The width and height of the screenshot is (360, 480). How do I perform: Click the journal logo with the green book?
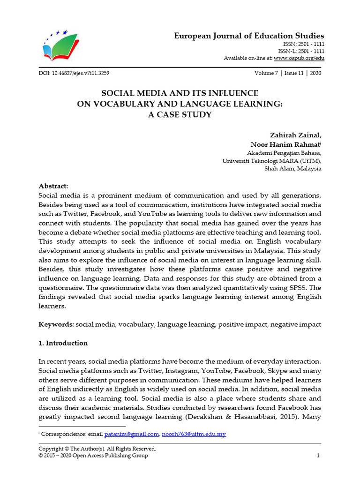tap(60, 47)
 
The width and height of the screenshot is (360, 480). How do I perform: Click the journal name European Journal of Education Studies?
tap(249, 36)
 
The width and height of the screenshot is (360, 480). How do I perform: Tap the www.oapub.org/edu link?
tap(299, 58)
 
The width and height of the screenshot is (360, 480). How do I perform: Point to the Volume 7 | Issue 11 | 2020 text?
tap(288, 73)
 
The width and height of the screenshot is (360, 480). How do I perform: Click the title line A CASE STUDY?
tap(180, 114)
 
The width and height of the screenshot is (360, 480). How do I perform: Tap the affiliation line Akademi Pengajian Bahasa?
tap(284, 153)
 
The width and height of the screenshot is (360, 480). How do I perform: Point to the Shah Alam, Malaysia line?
tap(293, 169)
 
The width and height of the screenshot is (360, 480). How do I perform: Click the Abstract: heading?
tap(53, 186)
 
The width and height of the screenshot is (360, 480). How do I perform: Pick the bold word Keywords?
tap(56, 324)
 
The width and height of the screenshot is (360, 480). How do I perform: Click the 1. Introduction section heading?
tap(63, 343)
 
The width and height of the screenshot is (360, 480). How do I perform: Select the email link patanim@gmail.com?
tap(133, 434)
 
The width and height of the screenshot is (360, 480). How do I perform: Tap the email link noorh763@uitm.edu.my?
tap(194, 434)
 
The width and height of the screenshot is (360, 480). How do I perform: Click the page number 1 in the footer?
tap(318, 456)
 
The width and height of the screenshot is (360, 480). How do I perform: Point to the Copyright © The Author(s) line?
tap(97, 449)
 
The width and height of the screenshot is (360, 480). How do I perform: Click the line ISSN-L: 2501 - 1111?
tap(301, 51)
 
